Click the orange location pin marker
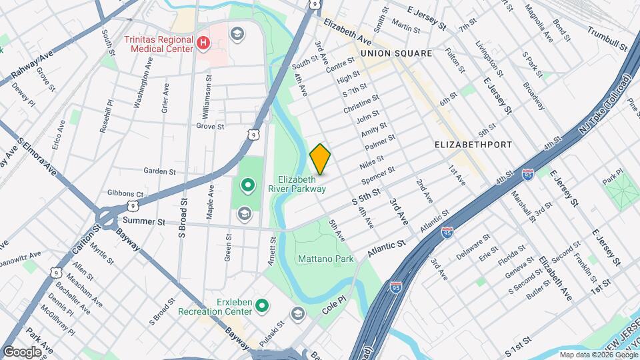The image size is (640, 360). tap(321, 159)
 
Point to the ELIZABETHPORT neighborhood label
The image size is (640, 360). tap(473, 145)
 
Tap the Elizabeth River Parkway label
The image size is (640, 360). tap(301, 184)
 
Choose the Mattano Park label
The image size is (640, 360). tap(325, 259)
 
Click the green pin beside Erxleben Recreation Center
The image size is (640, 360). tap(262, 306)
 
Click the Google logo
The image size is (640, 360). tap(22, 351)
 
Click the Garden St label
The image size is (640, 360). tap(159, 171)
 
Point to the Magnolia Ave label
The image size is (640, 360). tap(539, 23)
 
